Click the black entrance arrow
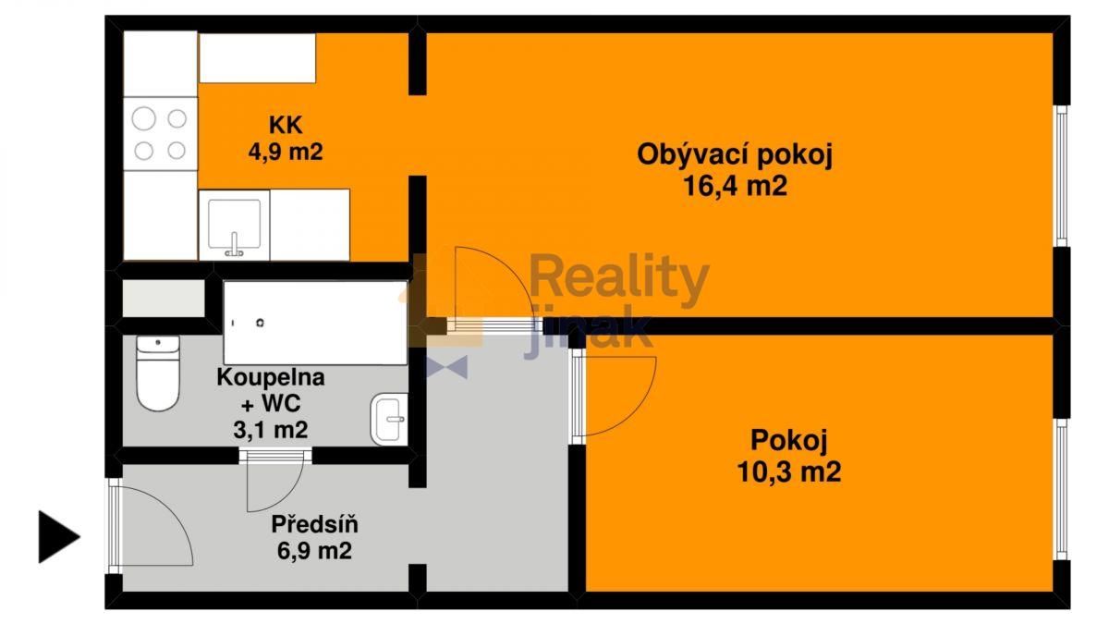tap(59, 537)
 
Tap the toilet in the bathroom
tap(157, 373)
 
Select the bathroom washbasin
tap(389, 419)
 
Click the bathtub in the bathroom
tap(315, 323)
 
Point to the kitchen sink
tap(234, 225)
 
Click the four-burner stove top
tap(160, 134)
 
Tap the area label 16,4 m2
tap(736, 187)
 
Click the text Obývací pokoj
tap(736, 155)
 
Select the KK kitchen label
tap(286, 125)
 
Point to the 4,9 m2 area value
tap(286, 151)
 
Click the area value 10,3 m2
tap(788, 471)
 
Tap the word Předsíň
tap(315, 524)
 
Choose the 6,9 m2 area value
tap(315, 551)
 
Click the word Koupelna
tap(271, 377)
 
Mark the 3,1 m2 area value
tap(271, 430)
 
